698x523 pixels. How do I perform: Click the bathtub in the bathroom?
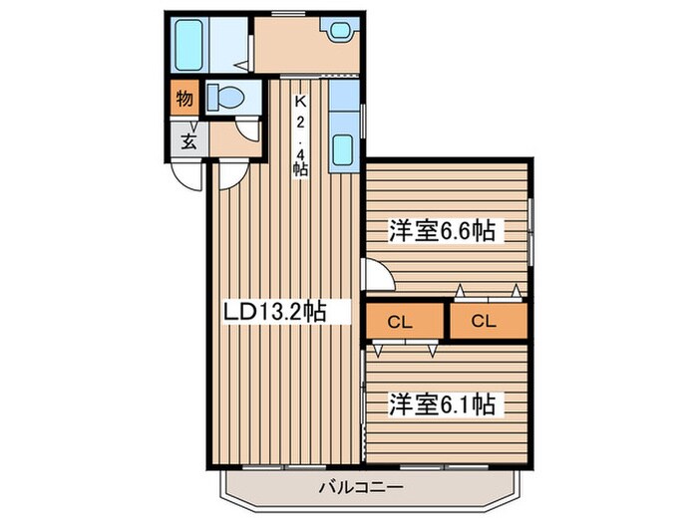click(x=189, y=44)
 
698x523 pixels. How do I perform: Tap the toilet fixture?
click(x=225, y=98)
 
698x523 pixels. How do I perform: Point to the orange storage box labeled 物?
click(x=184, y=98)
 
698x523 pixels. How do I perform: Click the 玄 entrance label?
click(x=186, y=139)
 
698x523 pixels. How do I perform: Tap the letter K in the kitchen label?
click(x=299, y=101)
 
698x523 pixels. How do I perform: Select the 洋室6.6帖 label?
click(x=443, y=231)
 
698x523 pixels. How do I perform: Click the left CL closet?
click(x=401, y=322)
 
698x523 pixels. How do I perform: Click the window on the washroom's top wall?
click(x=290, y=13)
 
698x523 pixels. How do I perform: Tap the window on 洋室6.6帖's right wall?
click(x=531, y=229)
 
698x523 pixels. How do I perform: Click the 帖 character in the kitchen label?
click(x=299, y=168)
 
